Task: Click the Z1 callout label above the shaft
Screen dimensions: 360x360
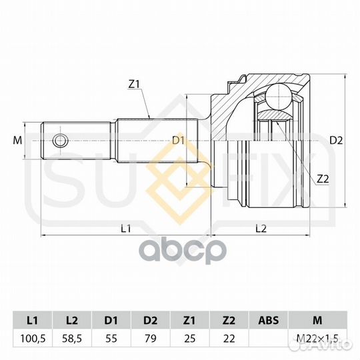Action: [x=134, y=84]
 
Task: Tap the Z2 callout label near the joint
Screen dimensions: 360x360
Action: [x=323, y=179]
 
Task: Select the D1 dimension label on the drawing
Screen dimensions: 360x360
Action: [x=178, y=140]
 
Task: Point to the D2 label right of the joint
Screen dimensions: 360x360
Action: [x=336, y=140]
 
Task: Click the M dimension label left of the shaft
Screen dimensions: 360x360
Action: [x=17, y=140]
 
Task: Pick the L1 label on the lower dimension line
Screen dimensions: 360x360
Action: [x=126, y=229]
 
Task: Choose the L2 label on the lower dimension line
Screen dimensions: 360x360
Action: [x=261, y=229]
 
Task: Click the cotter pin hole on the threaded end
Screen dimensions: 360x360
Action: [x=61, y=141]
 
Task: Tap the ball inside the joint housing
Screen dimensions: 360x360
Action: [x=279, y=97]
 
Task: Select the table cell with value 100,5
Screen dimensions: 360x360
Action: [x=33, y=338]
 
